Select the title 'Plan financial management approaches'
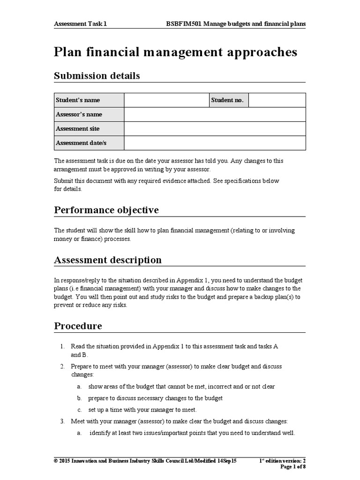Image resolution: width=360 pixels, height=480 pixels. tap(175, 52)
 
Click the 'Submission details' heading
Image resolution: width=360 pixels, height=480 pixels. tap(97, 76)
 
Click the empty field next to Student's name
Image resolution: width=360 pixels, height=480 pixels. tap(166, 100)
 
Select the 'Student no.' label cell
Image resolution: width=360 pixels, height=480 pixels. tap(228, 100)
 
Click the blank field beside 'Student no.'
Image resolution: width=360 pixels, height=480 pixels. tap(277, 100)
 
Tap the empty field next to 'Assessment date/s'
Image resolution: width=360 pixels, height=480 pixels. tap(215, 143)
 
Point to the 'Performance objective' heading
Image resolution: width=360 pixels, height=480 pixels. tap(106, 210)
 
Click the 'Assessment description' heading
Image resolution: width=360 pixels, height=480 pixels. tap(108, 260)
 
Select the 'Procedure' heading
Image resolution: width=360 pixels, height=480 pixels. tap(78, 326)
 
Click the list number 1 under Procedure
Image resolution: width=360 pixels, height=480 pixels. tap(62, 346)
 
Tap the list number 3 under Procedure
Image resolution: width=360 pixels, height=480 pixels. tap(62, 421)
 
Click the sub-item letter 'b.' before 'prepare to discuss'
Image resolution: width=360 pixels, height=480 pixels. tap(80, 398)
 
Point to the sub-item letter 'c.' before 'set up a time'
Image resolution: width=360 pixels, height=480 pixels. tap(80, 410)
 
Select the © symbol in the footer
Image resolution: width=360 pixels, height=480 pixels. tap(56, 461)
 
